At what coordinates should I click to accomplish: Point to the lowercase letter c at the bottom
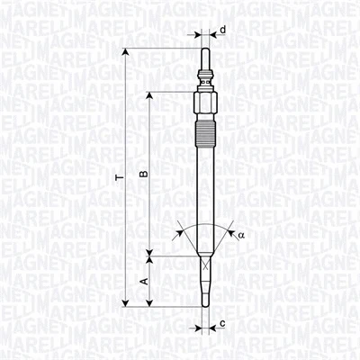pos(222,322)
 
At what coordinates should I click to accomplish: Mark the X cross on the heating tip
pos(207,267)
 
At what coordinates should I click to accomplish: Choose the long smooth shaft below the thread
pos(207,189)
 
